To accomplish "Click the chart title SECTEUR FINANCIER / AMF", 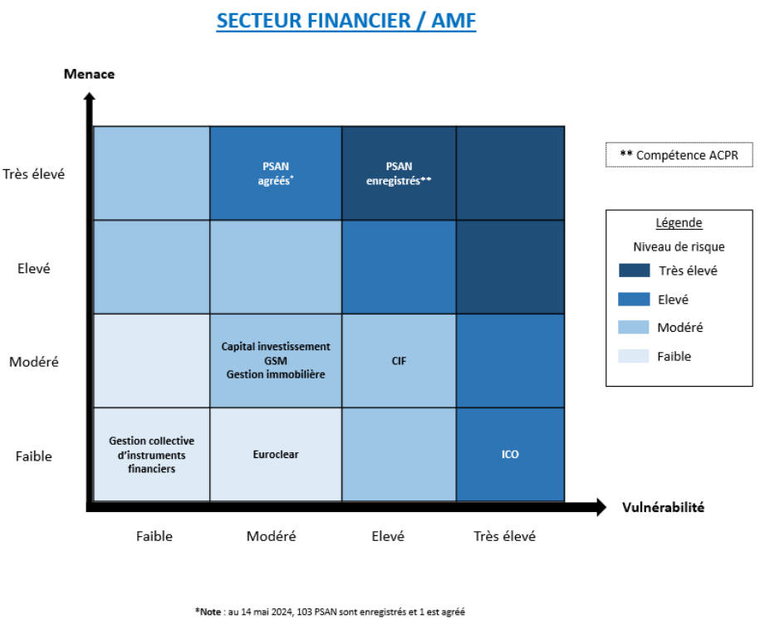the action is coord(346,21).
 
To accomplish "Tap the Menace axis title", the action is coord(90,74).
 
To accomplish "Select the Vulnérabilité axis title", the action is coord(663,507).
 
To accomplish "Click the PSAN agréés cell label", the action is coord(276,173).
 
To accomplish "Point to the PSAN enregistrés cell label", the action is coord(399,173).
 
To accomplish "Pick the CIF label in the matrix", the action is coord(399,361).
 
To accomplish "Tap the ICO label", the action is coord(510,455).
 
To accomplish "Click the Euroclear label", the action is coord(276,455).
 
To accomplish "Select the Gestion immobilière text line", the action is coord(276,374).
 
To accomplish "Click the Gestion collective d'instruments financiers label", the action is coord(152,455).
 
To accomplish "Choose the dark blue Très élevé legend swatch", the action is coord(634,271).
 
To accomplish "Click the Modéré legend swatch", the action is coord(634,327).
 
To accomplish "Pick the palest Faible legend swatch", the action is coord(634,356).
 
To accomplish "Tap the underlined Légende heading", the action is coord(679,222).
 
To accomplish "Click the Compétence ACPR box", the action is coord(679,155).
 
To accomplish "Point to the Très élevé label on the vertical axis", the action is coord(33,174).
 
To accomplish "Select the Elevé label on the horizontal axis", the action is coord(388,536).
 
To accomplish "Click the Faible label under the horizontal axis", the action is coord(154,536).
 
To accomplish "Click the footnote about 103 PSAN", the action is coord(330,612).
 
